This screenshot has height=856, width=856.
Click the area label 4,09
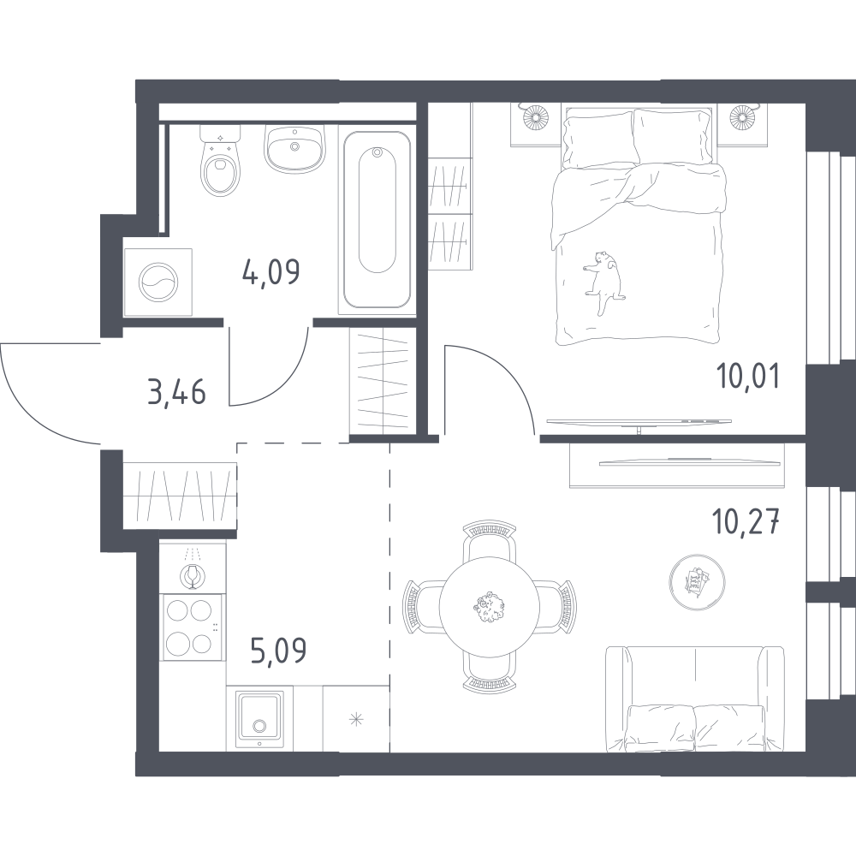pyautogui.click(x=270, y=272)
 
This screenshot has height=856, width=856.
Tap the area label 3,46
pyautogui.click(x=176, y=392)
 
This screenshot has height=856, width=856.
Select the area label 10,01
pyautogui.click(x=748, y=376)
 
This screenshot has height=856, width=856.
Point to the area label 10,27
pyautogui.click(x=745, y=521)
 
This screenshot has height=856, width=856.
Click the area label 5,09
pyautogui.click(x=278, y=651)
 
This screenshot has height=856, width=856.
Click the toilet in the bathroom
pyautogui.click(x=221, y=161)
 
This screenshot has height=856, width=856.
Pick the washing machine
pyautogui.click(x=158, y=282)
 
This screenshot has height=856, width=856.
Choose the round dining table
pyautogui.click(x=489, y=607)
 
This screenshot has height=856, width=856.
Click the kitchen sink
pyautogui.click(x=259, y=720)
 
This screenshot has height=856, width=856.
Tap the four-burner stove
pyautogui.click(x=193, y=627)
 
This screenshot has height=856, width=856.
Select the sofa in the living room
pyautogui.click(x=695, y=699)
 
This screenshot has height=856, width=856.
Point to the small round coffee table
pyautogui.click(x=697, y=581)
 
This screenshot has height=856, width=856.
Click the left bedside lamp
pyautogui.click(x=536, y=116)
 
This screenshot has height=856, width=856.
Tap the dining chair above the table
pyautogui.click(x=489, y=540)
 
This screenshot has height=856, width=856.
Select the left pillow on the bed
pyautogui.click(x=599, y=140)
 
